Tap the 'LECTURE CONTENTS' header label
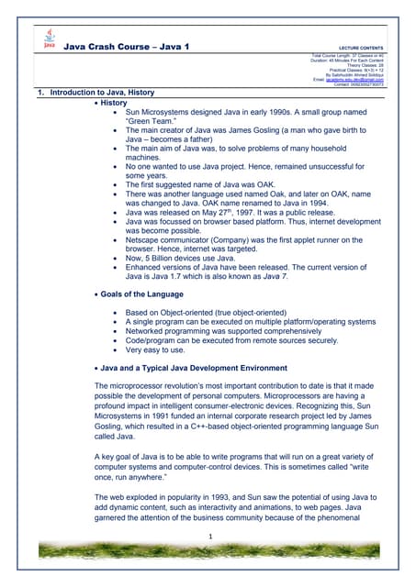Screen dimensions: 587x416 (x=362, y=46)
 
